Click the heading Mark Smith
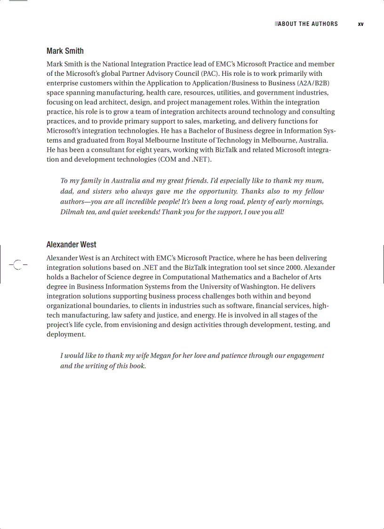pos(65,51)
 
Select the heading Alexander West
pos(71,244)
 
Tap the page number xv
pos(360,24)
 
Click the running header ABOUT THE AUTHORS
pos(308,24)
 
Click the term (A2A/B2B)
pos(313,83)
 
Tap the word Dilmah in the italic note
pos(72,212)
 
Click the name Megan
pos(160,356)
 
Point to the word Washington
pos(259,286)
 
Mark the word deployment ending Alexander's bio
pos(65,334)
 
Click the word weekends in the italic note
pos(143,212)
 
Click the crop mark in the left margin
pos(17,265)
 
